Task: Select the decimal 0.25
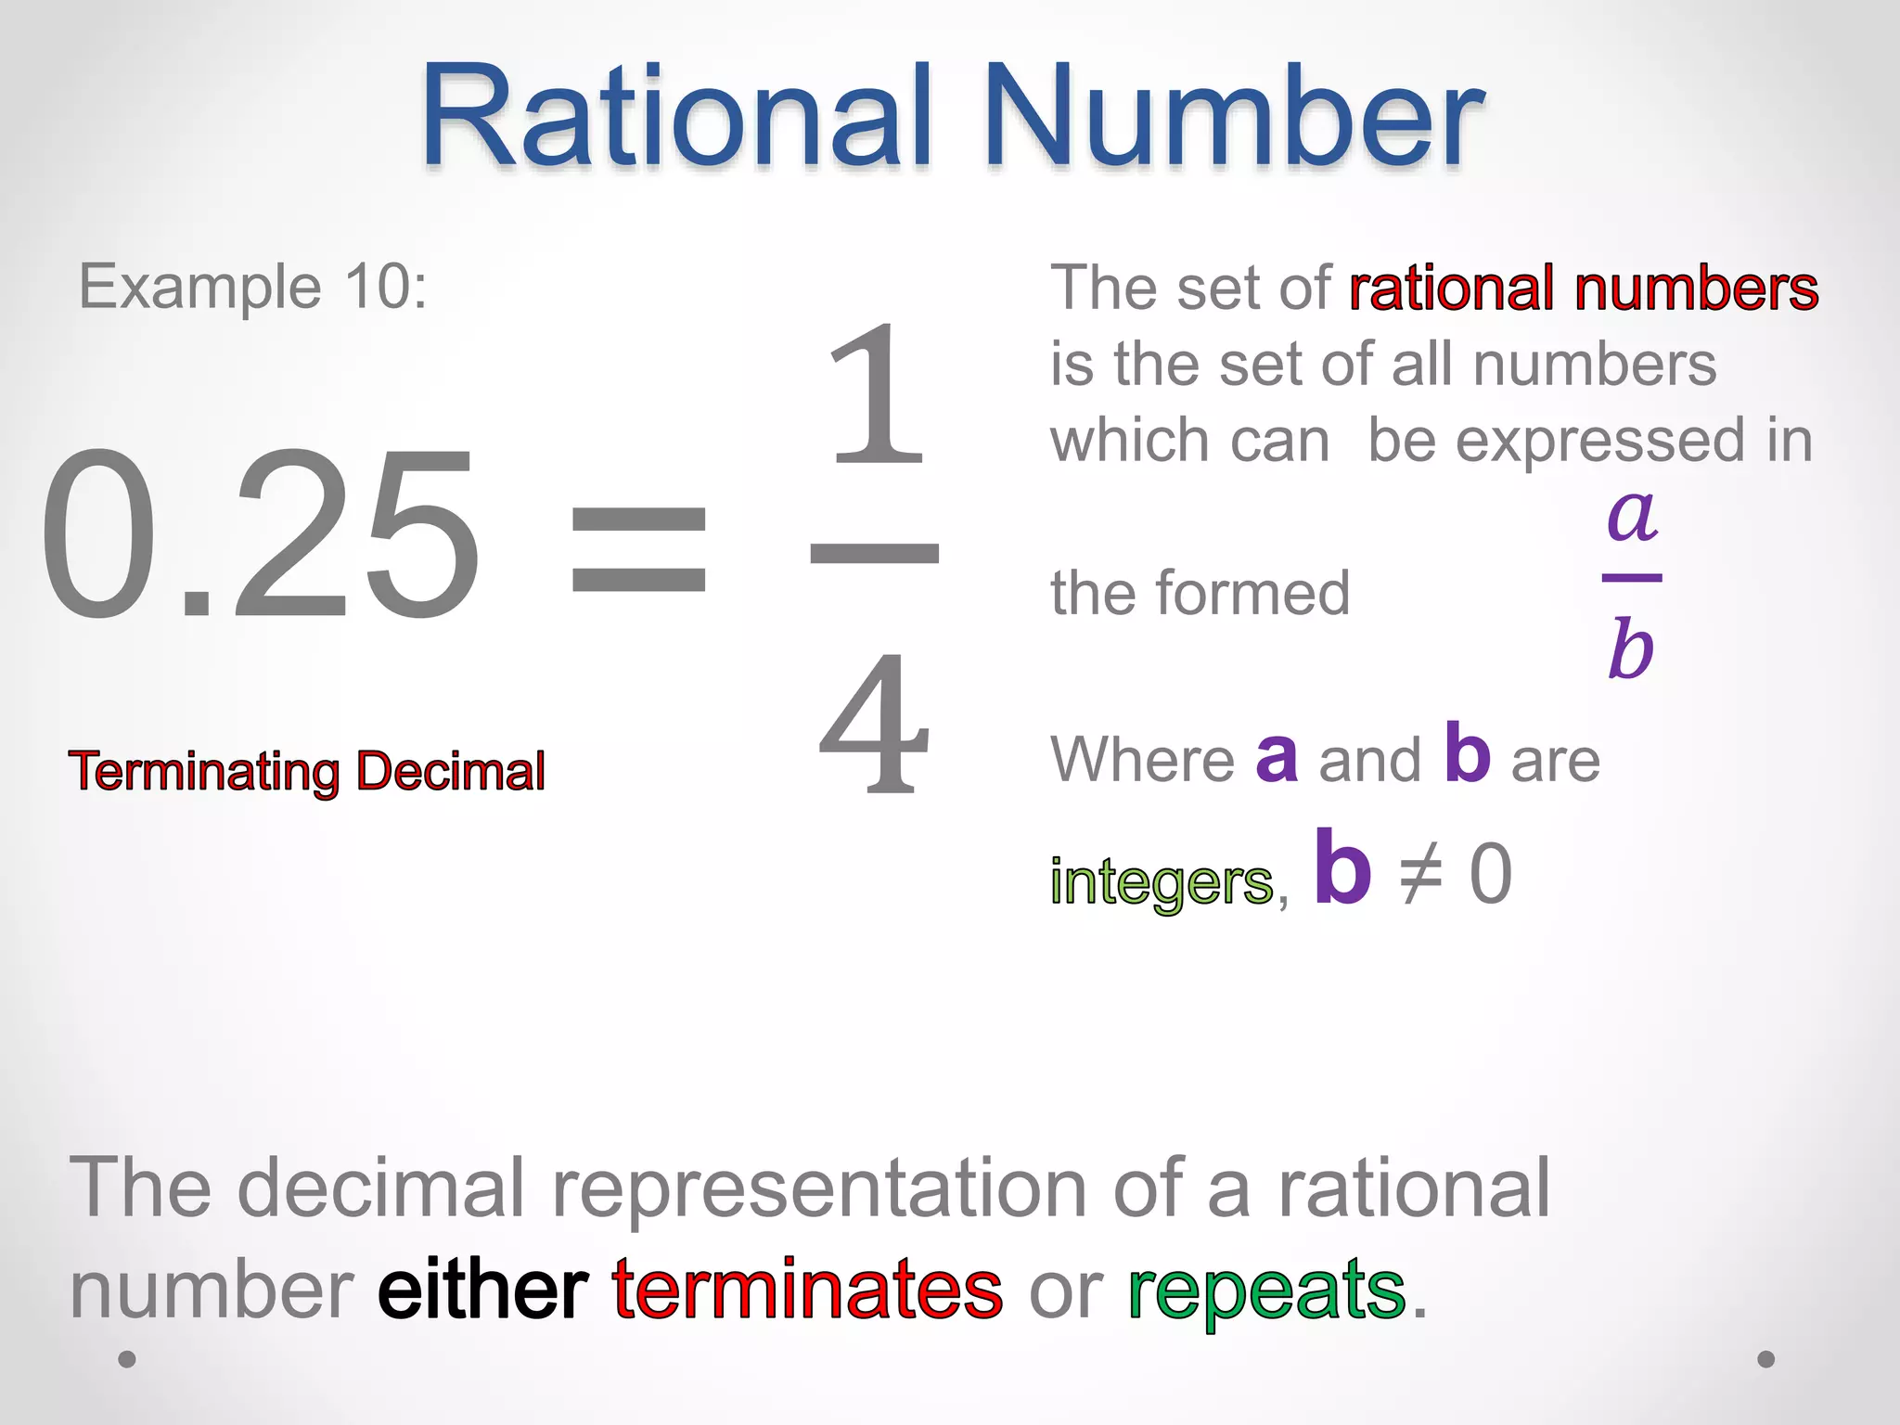pyautogui.click(x=260, y=536)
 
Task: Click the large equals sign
pyautogui.click(x=638, y=550)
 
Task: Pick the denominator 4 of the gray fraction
pyautogui.click(x=874, y=724)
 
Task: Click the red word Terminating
pyautogui.click(x=204, y=772)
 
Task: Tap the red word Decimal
pyautogui.click(x=451, y=772)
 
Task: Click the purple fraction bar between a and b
pyautogui.click(x=1632, y=578)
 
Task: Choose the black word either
pyautogui.click(x=482, y=1290)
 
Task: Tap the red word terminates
pyautogui.click(x=807, y=1290)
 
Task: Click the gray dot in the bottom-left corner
pyautogui.click(x=127, y=1359)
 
